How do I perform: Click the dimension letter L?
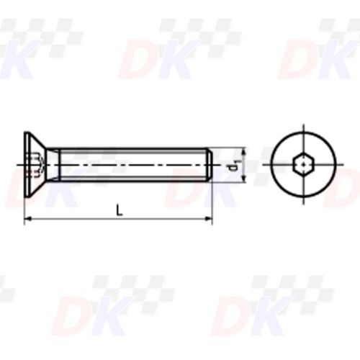click(x=119, y=210)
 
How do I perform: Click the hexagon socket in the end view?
click(x=304, y=166)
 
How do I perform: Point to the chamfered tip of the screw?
click(x=210, y=165)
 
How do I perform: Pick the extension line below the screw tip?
click(x=212, y=205)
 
